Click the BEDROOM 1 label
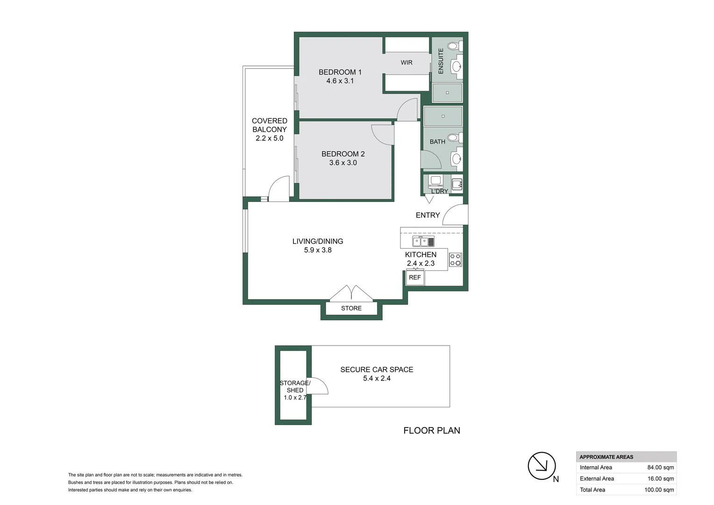[x=340, y=72]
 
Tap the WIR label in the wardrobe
[x=406, y=63]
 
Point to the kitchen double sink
[x=423, y=242]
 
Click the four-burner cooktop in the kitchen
[x=455, y=260]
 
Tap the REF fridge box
[x=415, y=278]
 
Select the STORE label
[x=351, y=309]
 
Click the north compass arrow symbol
[x=542, y=466]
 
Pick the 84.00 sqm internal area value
[x=660, y=468]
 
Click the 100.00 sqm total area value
[x=659, y=490]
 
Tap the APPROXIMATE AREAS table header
[x=606, y=457]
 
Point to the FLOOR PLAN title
[x=431, y=431]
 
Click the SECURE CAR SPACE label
[x=377, y=370]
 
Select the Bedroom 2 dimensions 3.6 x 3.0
[x=343, y=163]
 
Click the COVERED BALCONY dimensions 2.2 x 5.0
[x=269, y=138]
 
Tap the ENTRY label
[x=428, y=215]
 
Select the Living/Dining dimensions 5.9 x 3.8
[x=317, y=250]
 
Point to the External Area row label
[x=597, y=479]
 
